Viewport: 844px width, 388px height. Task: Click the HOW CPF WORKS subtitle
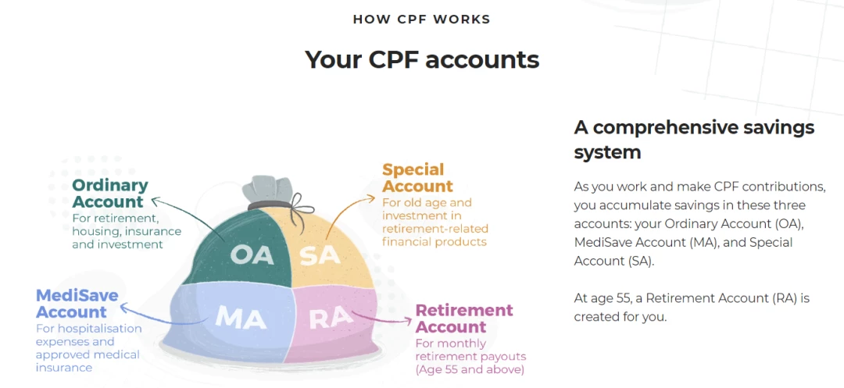tap(421, 20)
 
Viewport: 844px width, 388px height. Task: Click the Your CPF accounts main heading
tap(422, 59)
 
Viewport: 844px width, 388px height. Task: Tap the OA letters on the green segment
tap(252, 255)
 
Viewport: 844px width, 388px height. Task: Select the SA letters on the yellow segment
tap(320, 256)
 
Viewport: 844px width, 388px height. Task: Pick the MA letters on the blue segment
tap(241, 318)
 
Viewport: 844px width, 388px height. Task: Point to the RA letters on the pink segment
tap(331, 318)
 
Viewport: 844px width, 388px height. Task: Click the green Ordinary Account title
tap(110, 194)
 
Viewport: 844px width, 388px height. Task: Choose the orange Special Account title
tap(417, 178)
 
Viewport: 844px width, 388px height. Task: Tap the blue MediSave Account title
tap(77, 304)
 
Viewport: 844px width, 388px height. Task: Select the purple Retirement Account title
tap(464, 319)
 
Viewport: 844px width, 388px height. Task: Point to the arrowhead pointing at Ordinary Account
tap(156, 201)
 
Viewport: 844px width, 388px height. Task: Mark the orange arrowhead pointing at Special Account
tap(371, 198)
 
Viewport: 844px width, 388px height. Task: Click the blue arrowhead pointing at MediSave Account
tap(124, 308)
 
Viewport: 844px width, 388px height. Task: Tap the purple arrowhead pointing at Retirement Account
tap(407, 320)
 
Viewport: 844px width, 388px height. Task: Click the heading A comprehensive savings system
tap(694, 140)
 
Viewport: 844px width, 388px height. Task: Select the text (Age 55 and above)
tap(470, 370)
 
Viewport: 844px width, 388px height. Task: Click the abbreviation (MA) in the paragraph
tap(703, 242)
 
